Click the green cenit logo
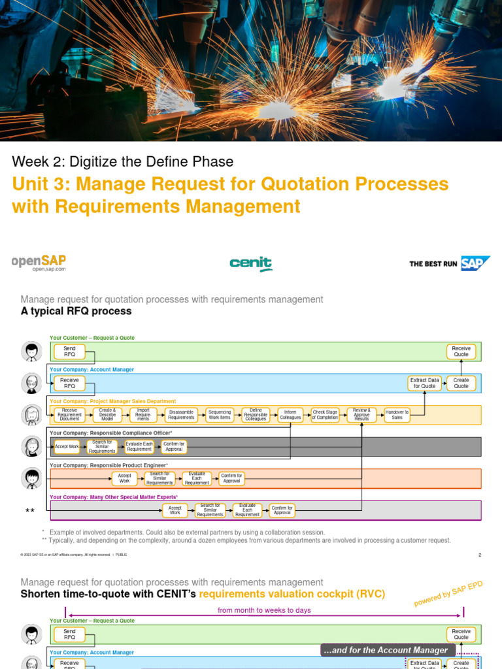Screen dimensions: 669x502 (250, 263)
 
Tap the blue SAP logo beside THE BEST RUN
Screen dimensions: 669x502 (475, 263)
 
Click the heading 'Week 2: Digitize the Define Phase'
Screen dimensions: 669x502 (123, 161)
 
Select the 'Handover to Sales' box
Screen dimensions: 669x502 (397, 415)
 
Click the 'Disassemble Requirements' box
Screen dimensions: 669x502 (181, 415)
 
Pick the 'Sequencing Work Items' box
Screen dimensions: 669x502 (219, 415)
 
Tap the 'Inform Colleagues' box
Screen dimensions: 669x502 (290, 415)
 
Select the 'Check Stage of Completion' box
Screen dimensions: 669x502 (325, 415)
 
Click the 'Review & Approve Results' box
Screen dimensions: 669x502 (361, 415)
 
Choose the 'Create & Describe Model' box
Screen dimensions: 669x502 (107, 415)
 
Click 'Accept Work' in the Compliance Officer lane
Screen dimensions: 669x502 (67, 447)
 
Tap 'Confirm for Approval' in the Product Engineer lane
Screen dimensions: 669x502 (231, 478)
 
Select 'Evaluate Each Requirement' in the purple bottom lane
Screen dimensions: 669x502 (247, 510)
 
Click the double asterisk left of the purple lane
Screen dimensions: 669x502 (29, 510)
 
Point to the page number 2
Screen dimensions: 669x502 (480, 555)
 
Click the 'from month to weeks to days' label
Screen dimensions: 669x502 (264, 610)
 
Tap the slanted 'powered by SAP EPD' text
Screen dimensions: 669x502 (448, 594)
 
